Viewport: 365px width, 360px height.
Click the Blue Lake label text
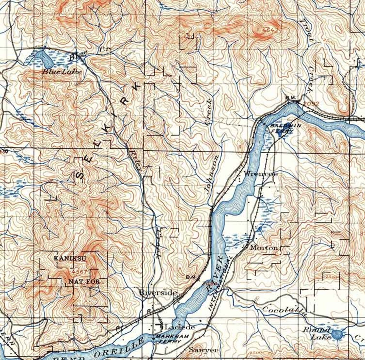point(62,72)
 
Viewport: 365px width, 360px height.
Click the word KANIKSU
point(70,258)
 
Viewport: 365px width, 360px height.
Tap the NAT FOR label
point(84,282)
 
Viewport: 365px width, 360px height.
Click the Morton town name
point(264,248)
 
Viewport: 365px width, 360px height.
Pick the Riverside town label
point(158,292)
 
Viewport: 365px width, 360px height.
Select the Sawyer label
point(204,350)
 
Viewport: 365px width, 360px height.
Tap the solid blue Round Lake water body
point(336,335)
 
